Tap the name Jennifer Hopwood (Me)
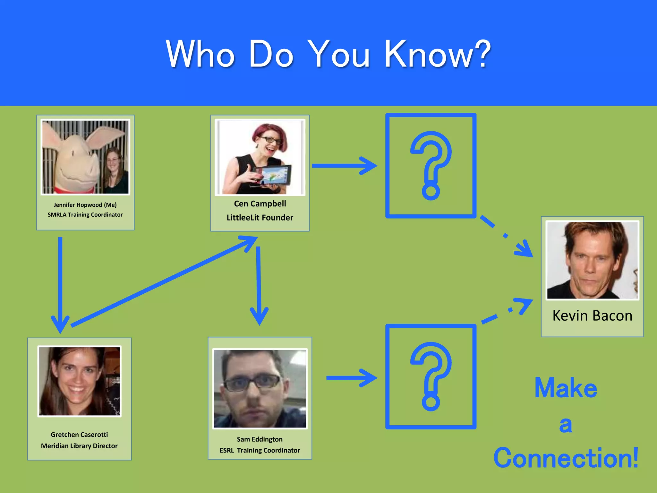85,205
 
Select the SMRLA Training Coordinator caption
85,215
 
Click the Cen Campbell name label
260,204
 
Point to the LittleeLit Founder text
260,218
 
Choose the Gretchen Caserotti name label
79,435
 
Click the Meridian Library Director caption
79,446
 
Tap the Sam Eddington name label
260,439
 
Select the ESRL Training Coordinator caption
260,450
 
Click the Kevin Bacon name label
592,316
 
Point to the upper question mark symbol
431,165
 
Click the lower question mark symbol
431,376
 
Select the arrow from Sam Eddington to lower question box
351,378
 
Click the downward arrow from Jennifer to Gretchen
60,282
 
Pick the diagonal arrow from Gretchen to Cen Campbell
164,281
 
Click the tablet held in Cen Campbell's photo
273,175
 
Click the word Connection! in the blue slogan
566,458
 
